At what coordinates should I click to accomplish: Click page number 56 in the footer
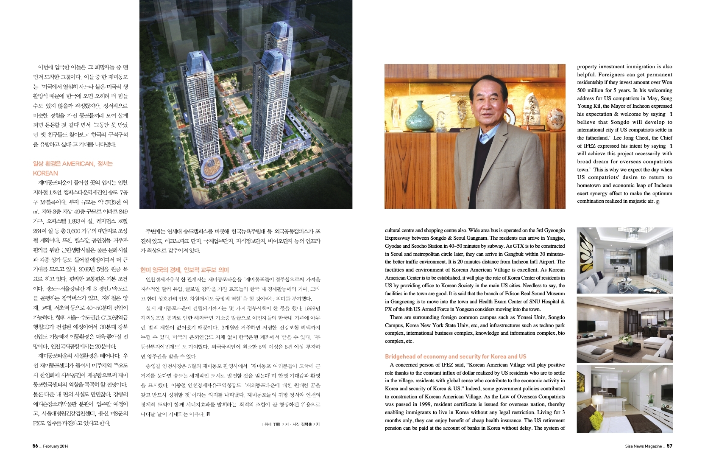point(36,446)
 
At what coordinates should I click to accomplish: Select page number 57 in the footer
point(669,446)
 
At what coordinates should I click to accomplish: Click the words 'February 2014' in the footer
point(56,446)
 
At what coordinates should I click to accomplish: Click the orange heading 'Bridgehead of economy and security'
point(455,356)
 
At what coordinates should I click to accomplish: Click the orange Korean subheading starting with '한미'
point(184,270)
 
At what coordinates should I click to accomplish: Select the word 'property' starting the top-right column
point(588,67)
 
